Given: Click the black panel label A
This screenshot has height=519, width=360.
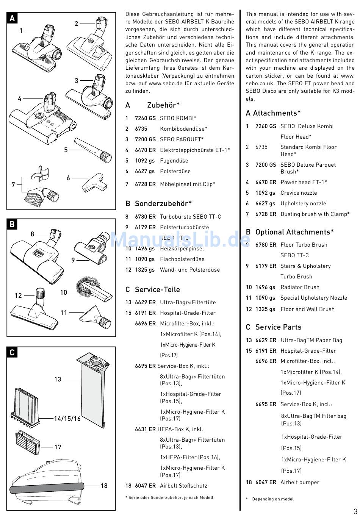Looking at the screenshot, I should pos(13,19).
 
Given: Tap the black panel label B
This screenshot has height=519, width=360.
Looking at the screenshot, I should pos(12,225).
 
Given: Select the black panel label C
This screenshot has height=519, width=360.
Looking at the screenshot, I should pos(12,353).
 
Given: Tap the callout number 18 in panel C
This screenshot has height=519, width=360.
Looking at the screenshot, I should pos(104,486).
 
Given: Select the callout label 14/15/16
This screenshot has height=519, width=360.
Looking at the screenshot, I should pos(67,419).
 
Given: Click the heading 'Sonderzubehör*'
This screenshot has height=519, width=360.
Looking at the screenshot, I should pos(163,203).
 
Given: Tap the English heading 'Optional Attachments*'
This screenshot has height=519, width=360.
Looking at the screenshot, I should pos(294,232).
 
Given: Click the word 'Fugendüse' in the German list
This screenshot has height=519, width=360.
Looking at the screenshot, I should pos(174,161).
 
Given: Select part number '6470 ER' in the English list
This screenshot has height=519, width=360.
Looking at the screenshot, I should pos(266,182).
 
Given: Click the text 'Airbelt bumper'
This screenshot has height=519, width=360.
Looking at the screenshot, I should pos(300,482).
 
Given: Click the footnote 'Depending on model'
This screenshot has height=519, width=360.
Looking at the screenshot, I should pos(273,499).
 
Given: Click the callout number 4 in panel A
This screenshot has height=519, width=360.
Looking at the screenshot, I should pos(20,99).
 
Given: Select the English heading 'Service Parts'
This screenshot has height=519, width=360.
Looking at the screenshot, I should pos(278,327).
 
